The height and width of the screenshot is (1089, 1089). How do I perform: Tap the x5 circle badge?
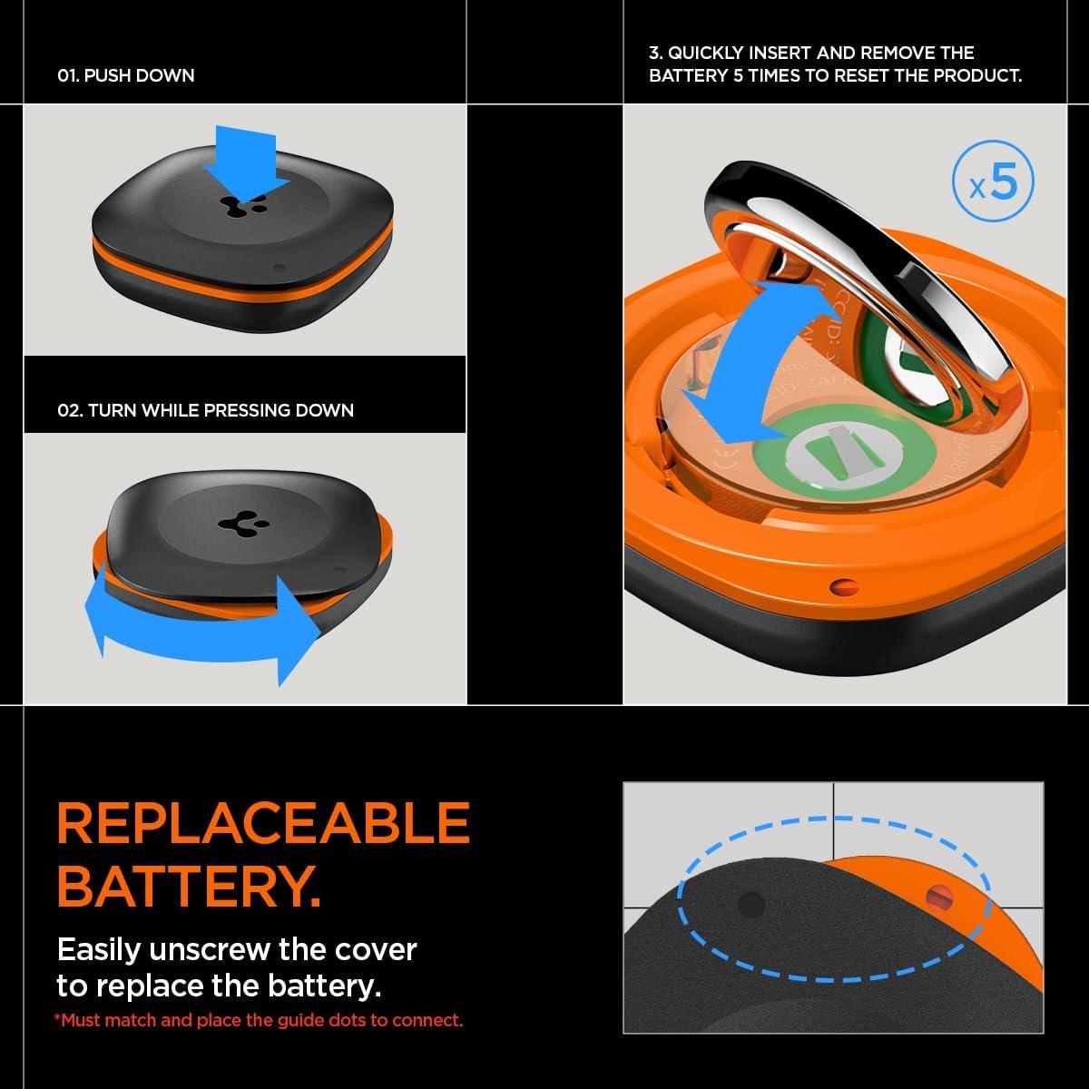(993, 183)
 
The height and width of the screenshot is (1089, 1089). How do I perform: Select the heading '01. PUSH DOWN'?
(125, 75)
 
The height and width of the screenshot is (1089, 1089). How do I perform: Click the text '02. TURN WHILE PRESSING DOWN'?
(205, 410)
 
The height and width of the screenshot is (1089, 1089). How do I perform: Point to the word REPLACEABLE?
(263, 823)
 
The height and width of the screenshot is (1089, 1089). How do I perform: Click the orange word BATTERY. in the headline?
(188, 886)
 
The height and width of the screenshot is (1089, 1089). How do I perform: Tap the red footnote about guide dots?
(259, 1020)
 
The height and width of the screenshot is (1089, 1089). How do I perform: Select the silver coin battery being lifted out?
(871, 263)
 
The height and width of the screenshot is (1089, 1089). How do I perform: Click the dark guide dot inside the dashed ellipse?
(751, 904)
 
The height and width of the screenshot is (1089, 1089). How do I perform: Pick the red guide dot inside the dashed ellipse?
(937, 898)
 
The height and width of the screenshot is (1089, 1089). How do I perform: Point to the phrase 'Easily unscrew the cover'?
(237, 949)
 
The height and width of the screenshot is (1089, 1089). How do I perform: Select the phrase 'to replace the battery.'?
(219, 985)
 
